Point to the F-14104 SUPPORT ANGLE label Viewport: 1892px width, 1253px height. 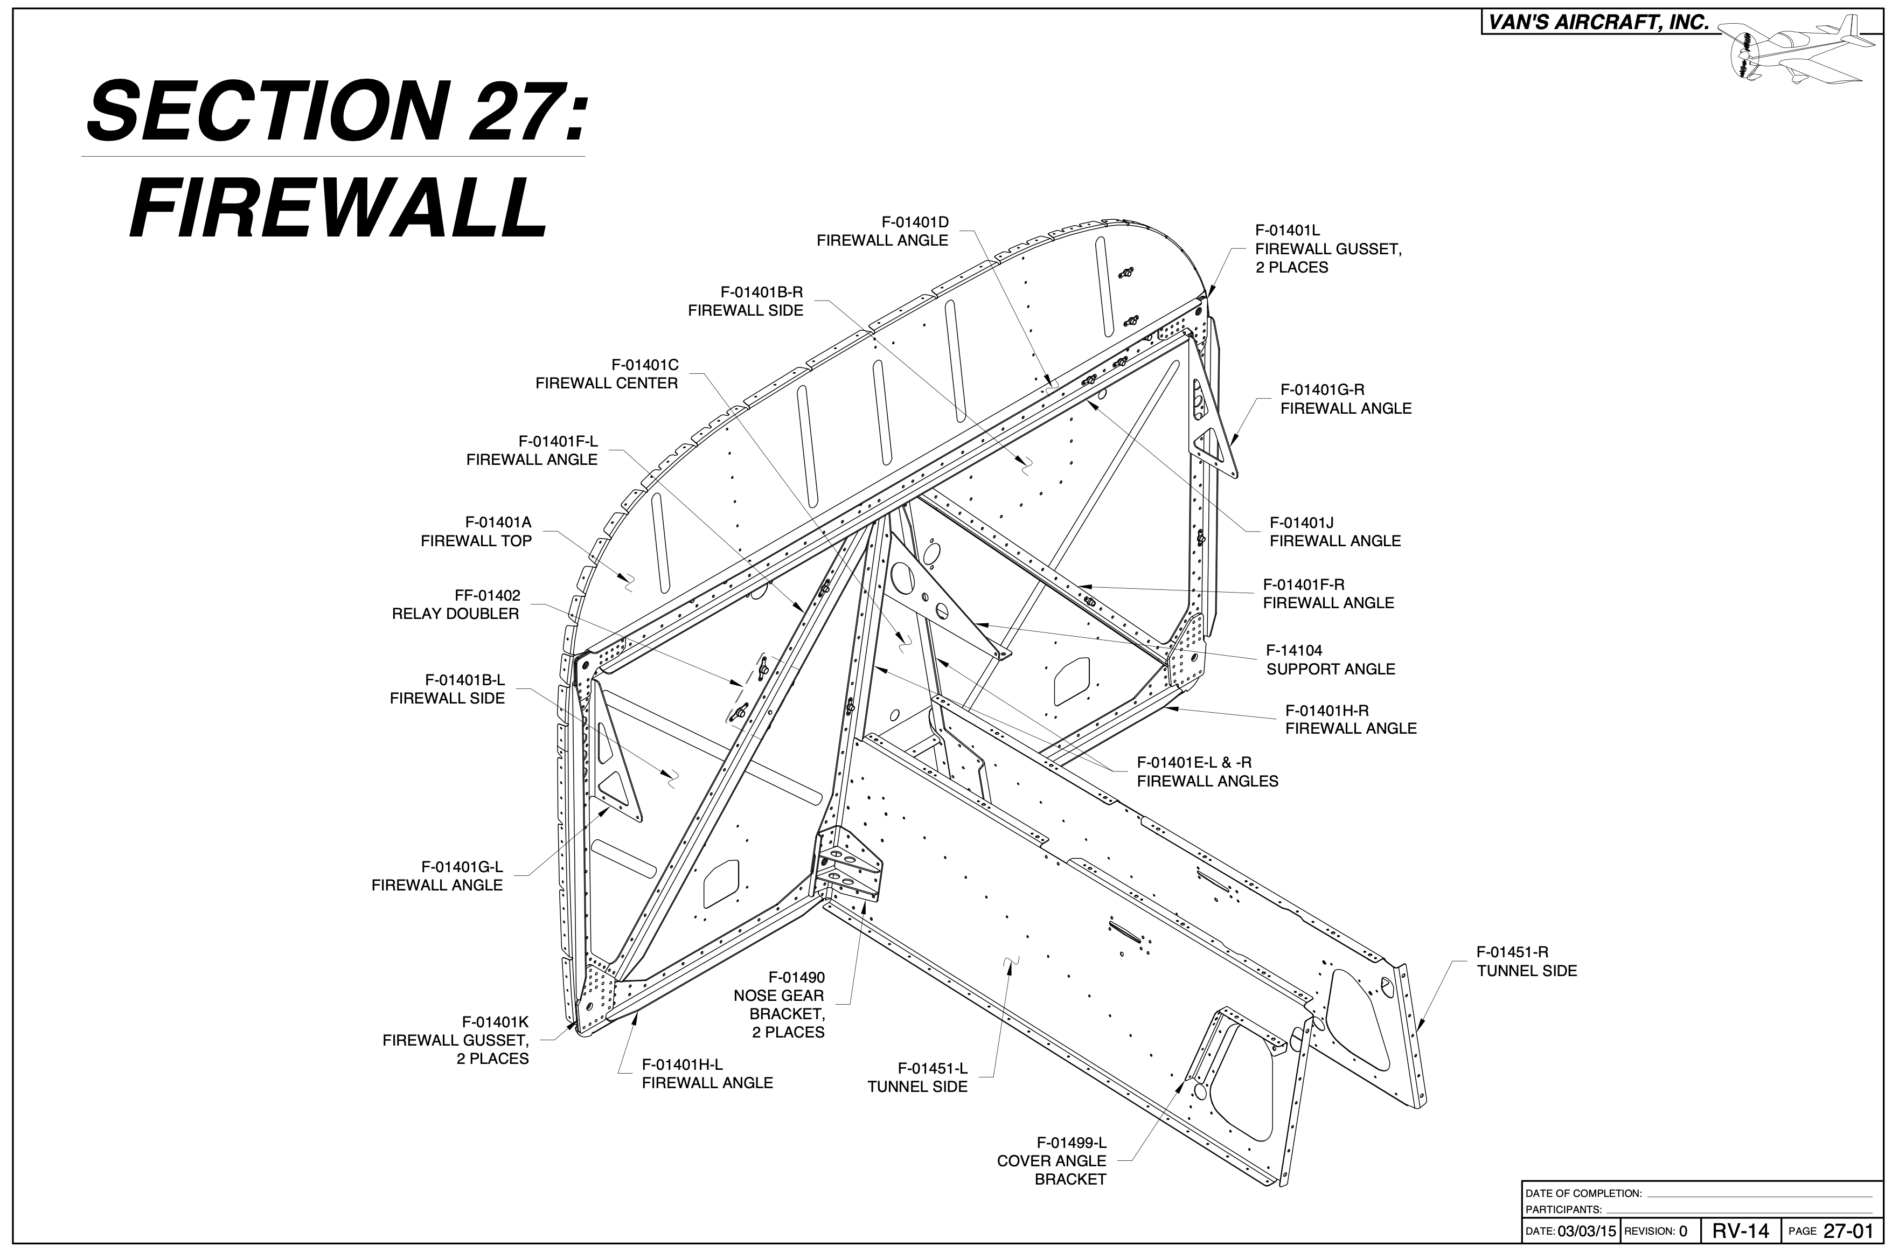click(x=1330, y=660)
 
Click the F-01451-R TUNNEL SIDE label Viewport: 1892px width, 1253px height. click(x=1526, y=962)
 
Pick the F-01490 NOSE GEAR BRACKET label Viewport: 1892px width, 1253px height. click(x=779, y=1005)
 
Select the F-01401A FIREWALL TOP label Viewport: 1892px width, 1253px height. click(x=476, y=531)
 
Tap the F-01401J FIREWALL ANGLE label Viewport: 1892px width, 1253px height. click(x=1335, y=531)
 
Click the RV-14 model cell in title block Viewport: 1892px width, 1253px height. click(x=1740, y=1230)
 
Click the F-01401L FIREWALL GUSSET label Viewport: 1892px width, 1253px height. click(x=1328, y=248)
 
